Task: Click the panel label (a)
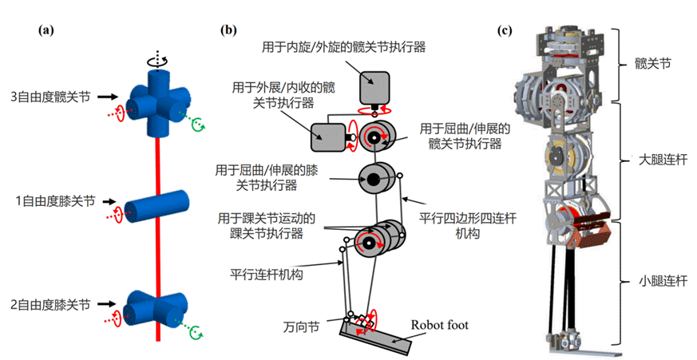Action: point(46,31)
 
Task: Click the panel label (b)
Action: point(230,31)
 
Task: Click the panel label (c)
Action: point(505,31)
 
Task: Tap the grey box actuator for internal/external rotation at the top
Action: point(374,85)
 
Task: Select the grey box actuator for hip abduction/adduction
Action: point(328,137)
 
